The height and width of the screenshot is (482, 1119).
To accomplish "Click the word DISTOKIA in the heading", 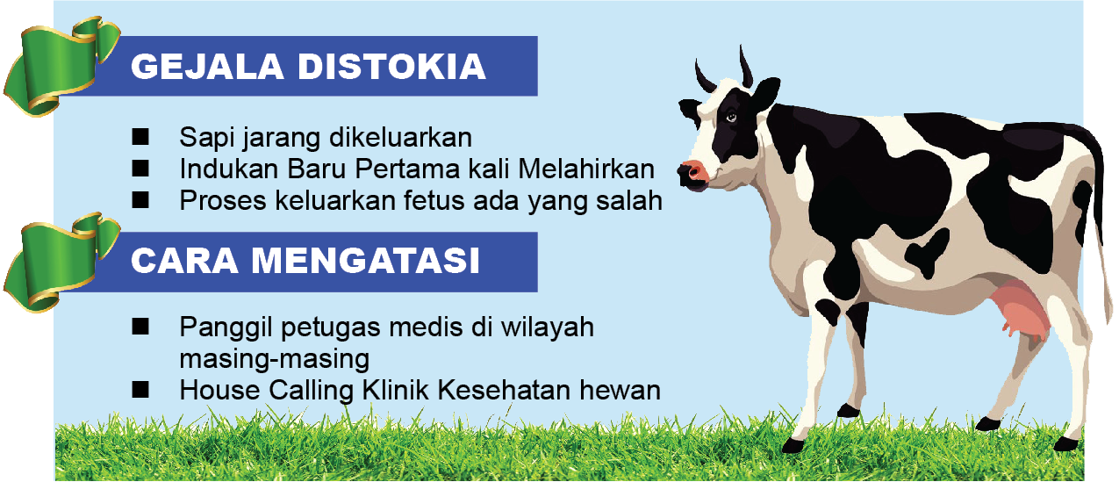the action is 391,67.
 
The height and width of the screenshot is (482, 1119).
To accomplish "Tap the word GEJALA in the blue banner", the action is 207,67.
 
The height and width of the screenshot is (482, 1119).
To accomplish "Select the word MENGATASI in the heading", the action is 365,261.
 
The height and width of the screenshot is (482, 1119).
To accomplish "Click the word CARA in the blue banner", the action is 183,261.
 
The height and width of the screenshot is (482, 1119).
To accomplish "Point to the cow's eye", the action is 731,118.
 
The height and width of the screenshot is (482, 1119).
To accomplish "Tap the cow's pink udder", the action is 1019,310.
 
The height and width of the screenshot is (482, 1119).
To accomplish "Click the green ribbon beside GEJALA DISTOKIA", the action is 61,66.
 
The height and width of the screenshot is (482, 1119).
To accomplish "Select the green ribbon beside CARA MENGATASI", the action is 61,263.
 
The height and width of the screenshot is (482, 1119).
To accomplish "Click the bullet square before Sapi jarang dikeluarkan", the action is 140,137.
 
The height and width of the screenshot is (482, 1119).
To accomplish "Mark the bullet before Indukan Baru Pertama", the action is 140,169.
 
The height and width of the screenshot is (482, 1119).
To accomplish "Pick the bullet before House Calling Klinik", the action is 140,390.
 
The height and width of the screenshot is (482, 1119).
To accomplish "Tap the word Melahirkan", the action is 586,169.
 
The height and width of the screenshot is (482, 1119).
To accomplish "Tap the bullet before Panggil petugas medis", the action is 140,327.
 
